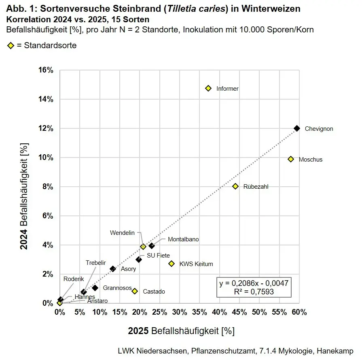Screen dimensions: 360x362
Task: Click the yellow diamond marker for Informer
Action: pos(208,88)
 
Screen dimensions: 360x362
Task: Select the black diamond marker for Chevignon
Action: pos(296,128)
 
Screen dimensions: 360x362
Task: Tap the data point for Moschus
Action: pos(290,159)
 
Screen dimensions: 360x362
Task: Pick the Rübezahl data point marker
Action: pos(235,186)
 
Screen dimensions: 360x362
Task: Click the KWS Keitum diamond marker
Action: pos(171,264)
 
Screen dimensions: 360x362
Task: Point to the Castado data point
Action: pos(135,291)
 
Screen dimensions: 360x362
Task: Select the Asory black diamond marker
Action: pos(113,269)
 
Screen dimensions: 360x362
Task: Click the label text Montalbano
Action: pos(183,239)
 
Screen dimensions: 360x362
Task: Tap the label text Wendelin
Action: pos(122,233)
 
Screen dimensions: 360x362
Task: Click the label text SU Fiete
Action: pos(158,256)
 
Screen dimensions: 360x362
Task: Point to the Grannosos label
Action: pos(117,288)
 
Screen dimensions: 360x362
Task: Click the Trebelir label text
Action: pos(96,263)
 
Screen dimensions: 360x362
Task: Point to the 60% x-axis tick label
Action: pos(299,312)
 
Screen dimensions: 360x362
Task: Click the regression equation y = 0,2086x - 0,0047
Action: pos(254,283)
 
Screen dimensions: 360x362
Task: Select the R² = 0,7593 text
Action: pos(254,292)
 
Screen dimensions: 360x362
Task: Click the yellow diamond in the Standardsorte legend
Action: pos(11,45)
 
